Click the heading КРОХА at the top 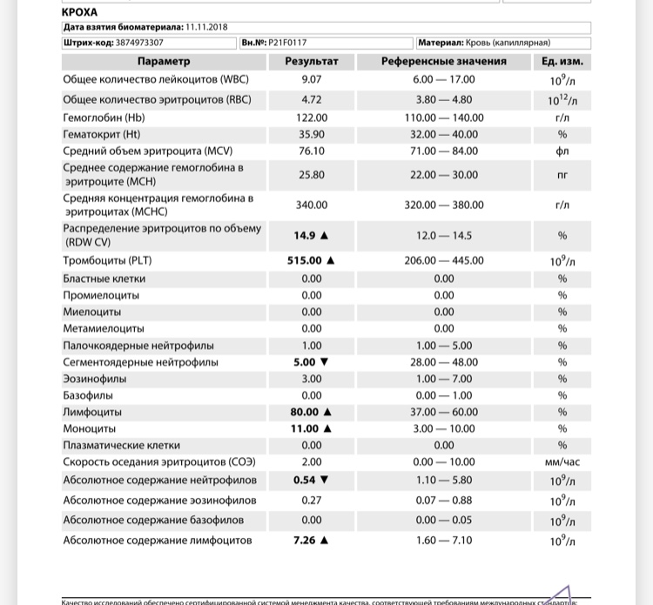click(81, 12)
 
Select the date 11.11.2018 click(205, 27)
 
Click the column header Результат click(312, 62)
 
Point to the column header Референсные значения click(443, 62)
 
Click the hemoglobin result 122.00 click(312, 118)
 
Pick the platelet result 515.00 click(305, 260)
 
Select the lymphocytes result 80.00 click(305, 412)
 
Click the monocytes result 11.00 click(305, 429)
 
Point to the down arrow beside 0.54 click(325, 480)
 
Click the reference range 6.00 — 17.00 click(443, 79)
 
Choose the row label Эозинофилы click(94, 379)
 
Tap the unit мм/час click(562, 462)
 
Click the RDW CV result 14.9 click(305, 235)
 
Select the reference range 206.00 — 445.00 click(443, 260)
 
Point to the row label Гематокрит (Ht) click(101, 134)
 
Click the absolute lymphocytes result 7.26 click(305, 541)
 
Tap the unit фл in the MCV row click(562, 151)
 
